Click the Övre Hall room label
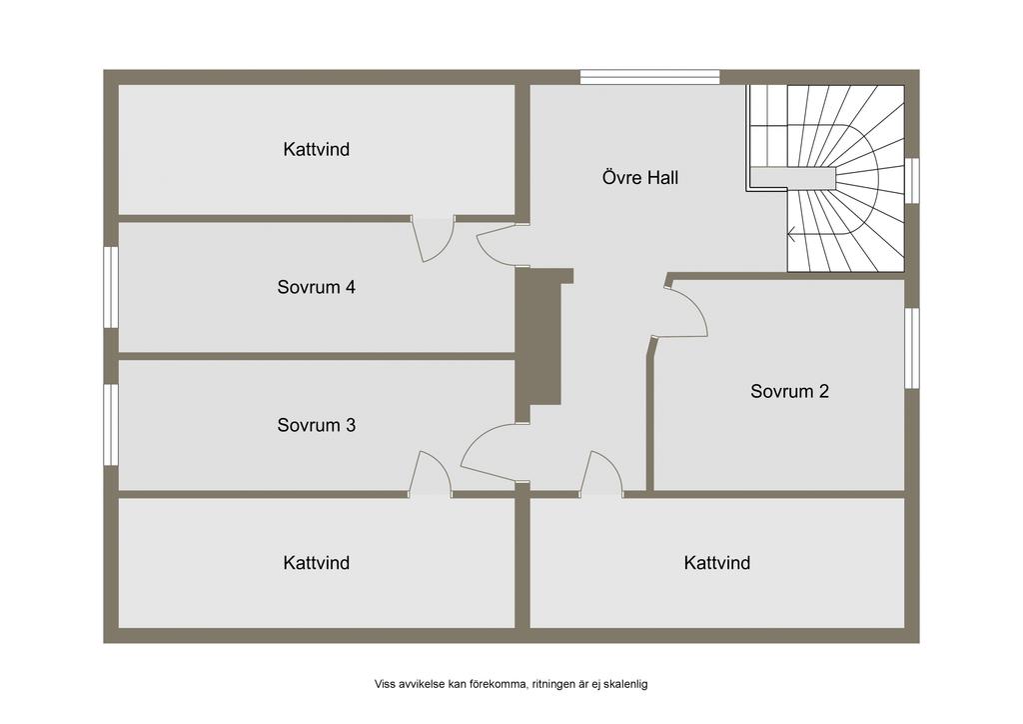click(640, 178)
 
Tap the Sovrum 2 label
click(789, 391)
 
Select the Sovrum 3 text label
click(317, 425)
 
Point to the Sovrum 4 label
click(317, 287)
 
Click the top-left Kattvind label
click(317, 149)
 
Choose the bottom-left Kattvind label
click(317, 563)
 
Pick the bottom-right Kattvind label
click(717, 563)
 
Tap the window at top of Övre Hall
click(649, 77)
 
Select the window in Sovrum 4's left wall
click(111, 287)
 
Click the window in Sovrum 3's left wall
click(111, 424)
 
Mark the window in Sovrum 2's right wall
click(912, 348)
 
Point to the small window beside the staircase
click(912, 181)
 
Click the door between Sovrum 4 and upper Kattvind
click(433, 238)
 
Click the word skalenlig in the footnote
click(627, 684)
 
